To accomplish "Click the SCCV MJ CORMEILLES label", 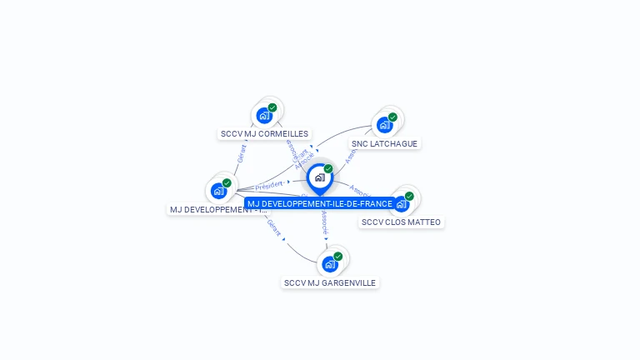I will [264, 133].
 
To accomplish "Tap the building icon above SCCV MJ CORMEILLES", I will [264, 116].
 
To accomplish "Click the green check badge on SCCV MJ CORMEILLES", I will [272, 107].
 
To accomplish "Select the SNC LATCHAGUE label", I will [385, 143].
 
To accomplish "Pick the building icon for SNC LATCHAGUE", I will [384, 125].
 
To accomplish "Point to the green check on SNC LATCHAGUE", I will [392, 117].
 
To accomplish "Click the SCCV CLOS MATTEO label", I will [401, 222].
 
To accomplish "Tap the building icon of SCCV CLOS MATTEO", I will [402, 204].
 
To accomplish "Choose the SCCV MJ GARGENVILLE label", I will [330, 282].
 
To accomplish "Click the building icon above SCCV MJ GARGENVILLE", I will [330, 265].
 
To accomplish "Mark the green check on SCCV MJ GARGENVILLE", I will [338, 257].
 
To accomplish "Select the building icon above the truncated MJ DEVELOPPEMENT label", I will [218, 191].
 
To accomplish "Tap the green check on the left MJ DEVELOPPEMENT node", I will [227, 182].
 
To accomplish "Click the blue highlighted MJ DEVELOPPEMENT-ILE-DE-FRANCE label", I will [319, 203].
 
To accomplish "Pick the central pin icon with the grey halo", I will [319, 177].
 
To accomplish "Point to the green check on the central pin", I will [328, 168].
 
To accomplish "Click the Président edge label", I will [270, 184].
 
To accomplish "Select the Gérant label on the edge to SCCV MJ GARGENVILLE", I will [274, 227].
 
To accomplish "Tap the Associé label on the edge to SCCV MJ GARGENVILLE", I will [325, 222].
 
